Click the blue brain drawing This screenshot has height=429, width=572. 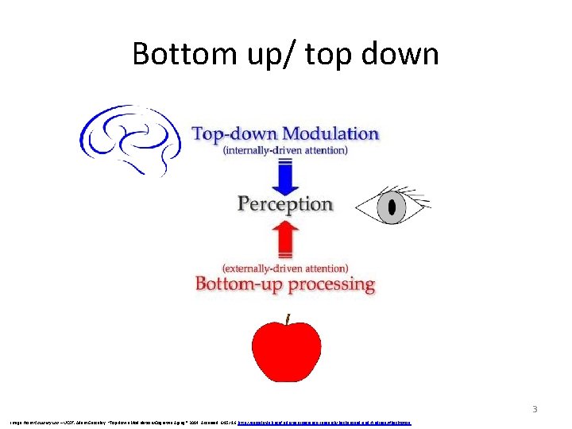130,139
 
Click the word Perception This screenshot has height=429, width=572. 285,204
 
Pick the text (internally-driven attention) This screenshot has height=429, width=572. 285,150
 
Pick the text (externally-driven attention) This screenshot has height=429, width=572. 285,268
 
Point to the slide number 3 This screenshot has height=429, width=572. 535,410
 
